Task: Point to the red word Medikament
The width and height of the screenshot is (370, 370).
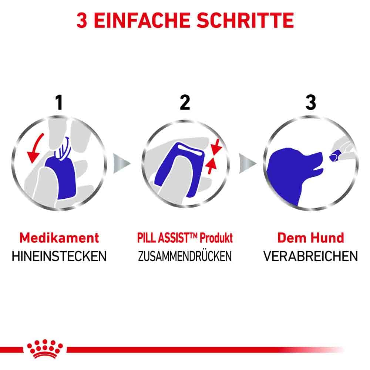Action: coord(59,238)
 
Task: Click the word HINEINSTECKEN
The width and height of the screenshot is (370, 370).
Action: coord(59,256)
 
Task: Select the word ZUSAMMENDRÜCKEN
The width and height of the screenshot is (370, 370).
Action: coord(185,256)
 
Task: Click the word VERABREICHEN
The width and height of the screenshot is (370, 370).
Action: coord(311,256)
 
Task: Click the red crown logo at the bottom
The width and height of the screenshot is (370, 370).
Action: coord(45,348)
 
